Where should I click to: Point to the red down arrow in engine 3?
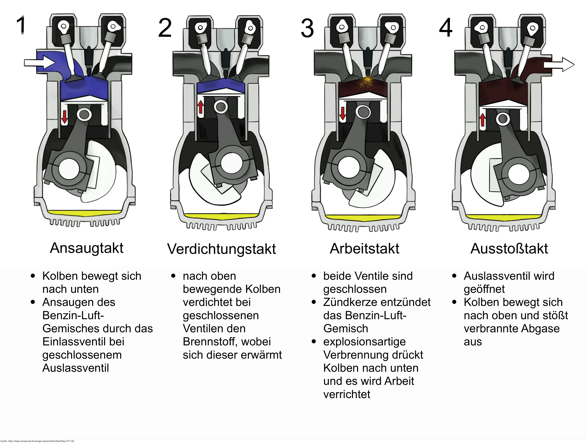(x=342, y=113)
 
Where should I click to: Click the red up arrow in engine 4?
(x=482, y=120)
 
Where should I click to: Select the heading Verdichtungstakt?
(x=222, y=249)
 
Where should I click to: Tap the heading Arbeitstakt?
(x=364, y=249)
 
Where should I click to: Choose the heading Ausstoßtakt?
(x=509, y=249)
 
